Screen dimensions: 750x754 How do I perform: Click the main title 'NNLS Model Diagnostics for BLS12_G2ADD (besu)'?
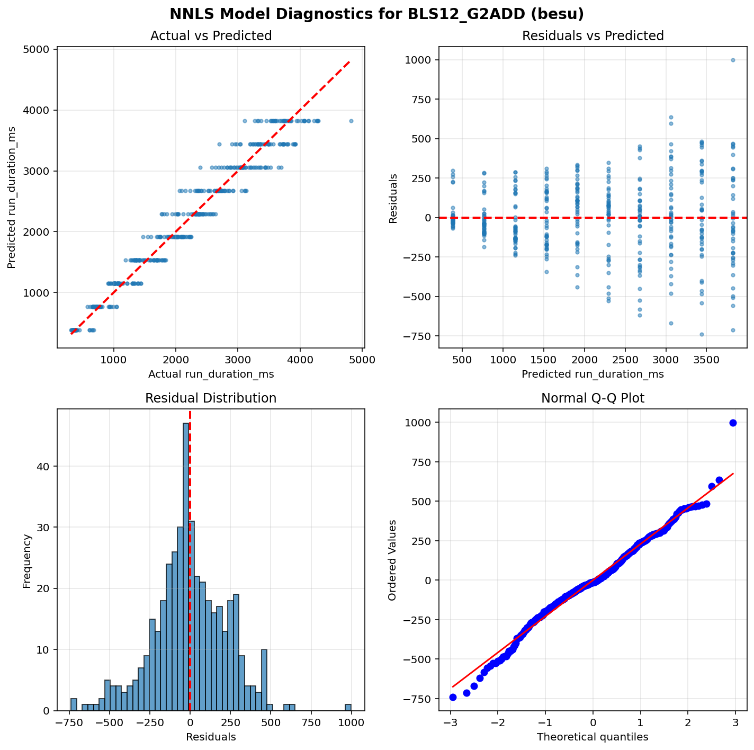[376, 14]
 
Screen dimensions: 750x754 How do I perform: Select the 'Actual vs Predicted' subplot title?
[211, 36]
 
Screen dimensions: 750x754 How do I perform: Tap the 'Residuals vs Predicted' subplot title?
[593, 36]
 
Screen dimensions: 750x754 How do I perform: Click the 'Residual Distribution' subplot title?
[211, 398]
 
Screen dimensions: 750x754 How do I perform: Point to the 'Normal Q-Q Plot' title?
[593, 398]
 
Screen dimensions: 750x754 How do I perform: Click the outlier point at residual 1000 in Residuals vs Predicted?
[733, 60]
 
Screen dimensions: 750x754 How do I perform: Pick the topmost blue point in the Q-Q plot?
[733, 423]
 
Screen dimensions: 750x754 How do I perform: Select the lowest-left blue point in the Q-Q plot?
[453, 697]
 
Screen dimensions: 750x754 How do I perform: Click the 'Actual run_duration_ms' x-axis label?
[211, 374]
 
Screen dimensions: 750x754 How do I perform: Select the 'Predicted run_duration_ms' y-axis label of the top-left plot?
[12, 197]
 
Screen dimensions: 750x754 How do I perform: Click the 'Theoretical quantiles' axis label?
[593, 737]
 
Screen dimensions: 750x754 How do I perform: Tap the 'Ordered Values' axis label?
[392, 560]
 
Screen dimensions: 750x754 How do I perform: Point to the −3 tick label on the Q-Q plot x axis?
[450, 723]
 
